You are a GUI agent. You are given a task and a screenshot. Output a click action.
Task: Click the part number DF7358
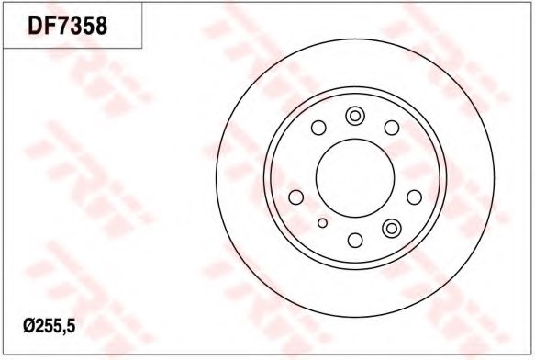[x=68, y=26]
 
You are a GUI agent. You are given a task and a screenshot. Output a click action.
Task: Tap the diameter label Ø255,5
[x=50, y=327]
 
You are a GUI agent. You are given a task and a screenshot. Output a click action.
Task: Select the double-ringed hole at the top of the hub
[x=355, y=116]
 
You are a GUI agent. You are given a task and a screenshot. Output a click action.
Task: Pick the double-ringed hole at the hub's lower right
[x=392, y=228]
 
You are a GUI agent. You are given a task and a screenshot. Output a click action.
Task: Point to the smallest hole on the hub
[x=322, y=223]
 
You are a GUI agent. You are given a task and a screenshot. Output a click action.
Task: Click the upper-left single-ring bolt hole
[x=318, y=128]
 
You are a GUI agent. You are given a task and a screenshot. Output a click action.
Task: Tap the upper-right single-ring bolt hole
[x=392, y=128]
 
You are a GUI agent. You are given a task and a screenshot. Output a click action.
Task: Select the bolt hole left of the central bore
[x=295, y=197]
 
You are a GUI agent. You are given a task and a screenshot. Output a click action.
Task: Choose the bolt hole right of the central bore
[x=415, y=197]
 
